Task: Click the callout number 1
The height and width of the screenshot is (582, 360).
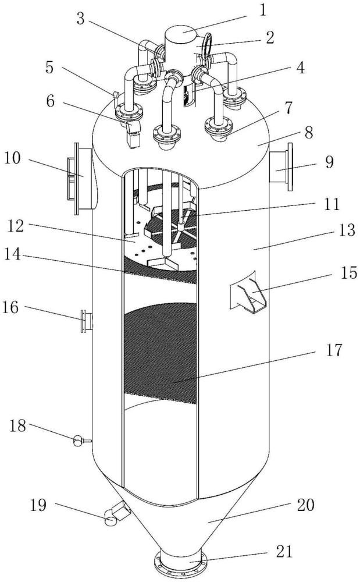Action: pos(263,10)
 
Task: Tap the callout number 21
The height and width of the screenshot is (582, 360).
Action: pos(284,551)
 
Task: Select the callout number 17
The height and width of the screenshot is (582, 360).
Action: pos(334,350)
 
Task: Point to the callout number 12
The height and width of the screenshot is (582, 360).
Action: pos(16,226)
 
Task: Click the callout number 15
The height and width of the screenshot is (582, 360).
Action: pos(348,273)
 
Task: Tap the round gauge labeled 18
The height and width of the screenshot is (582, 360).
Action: pos(78,441)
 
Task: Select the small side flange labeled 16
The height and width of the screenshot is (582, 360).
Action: pos(87,321)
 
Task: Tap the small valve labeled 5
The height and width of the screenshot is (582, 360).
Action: pos(115,95)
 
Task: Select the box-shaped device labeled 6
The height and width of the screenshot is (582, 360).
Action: pos(133,134)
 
